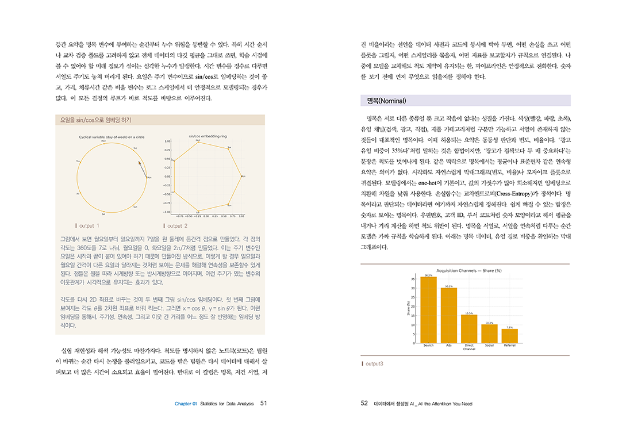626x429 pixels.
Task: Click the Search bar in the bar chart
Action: pyautogui.click(x=428, y=310)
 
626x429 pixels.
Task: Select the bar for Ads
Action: pyautogui.click(x=449, y=315)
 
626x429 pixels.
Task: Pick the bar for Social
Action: pyautogui.click(x=489, y=334)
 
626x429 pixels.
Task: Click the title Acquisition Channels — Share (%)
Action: pyautogui.click(x=469, y=270)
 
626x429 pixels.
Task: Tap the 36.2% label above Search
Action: pyautogui.click(x=428, y=275)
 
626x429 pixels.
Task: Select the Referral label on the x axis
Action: pyautogui.click(x=509, y=345)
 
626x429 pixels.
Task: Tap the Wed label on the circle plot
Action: pyautogui.click(x=103, y=140)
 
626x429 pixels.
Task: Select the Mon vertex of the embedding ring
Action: pyautogui.click(x=242, y=177)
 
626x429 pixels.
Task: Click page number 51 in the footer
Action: pyautogui.click(x=263, y=403)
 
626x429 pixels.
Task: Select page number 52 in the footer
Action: pyautogui.click(x=364, y=403)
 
